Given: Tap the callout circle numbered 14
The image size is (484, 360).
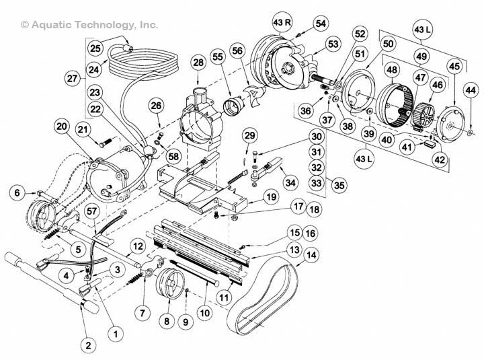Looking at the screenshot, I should [311, 255].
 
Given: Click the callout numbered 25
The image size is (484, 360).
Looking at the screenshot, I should [95, 48].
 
